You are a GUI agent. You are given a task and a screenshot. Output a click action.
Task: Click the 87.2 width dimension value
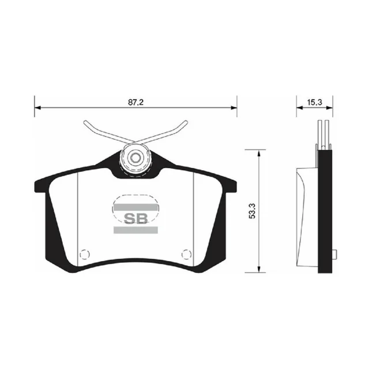pyautogui.click(x=136, y=103)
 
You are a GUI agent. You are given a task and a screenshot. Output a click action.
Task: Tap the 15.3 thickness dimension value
pyautogui.click(x=314, y=103)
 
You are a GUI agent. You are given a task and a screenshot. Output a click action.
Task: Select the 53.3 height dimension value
pyautogui.click(x=252, y=211)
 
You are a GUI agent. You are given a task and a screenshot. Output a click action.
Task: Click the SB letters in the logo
pyautogui.click(x=136, y=219)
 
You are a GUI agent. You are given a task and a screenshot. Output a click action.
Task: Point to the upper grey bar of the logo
pyautogui.click(x=136, y=208)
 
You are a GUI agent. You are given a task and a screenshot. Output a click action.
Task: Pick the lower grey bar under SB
pyautogui.click(x=136, y=230)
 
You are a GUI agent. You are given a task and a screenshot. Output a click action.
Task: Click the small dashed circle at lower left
pyautogui.click(x=85, y=254)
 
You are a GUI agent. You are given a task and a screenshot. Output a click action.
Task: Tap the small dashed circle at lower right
pyautogui.click(x=187, y=254)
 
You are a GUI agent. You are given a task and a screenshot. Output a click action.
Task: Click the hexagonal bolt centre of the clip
pyautogui.click(x=135, y=158)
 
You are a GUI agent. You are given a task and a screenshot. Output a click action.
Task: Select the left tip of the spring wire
pyautogui.click(x=85, y=122)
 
